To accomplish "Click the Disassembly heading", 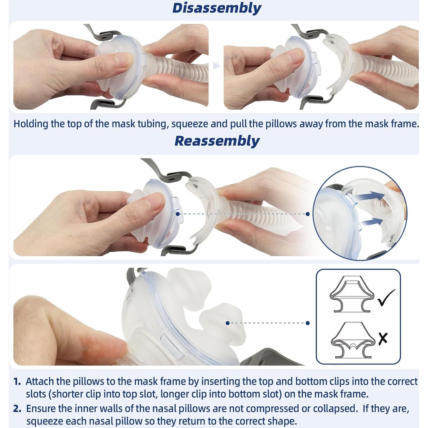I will [x=217, y=8].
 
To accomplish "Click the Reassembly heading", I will [x=217, y=141].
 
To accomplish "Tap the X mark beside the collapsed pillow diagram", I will [x=383, y=338].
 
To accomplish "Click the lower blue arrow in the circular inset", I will [x=371, y=222].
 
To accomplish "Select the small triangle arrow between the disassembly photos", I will [x=216, y=66].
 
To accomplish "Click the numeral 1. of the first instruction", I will [x=17, y=382].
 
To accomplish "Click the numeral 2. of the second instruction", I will [x=17, y=408].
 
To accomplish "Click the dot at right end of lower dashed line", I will [x=308, y=323].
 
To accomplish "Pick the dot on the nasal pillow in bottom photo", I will [x=228, y=323].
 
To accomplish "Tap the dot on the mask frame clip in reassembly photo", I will [x=177, y=214].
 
